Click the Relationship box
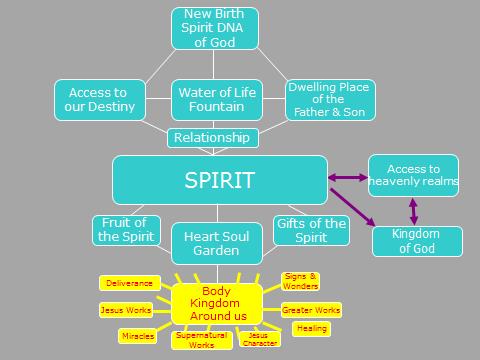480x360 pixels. tap(212, 137)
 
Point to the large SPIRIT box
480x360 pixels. tap(220, 180)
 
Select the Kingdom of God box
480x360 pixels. tap(417, 241)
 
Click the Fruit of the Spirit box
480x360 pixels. tap(126, 230)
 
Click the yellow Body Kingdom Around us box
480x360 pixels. tap(216, 303)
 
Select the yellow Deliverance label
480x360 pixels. tap(128, 284)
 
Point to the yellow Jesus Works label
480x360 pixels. tap(125, 310)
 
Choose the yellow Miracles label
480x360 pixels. tap(137, 335)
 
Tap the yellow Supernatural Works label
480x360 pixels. tap(201, 340)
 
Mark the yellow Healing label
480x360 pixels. tap(310, 328)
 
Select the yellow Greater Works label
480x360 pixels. tap(311, 310)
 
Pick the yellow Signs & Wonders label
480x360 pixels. tap(301, 280)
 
